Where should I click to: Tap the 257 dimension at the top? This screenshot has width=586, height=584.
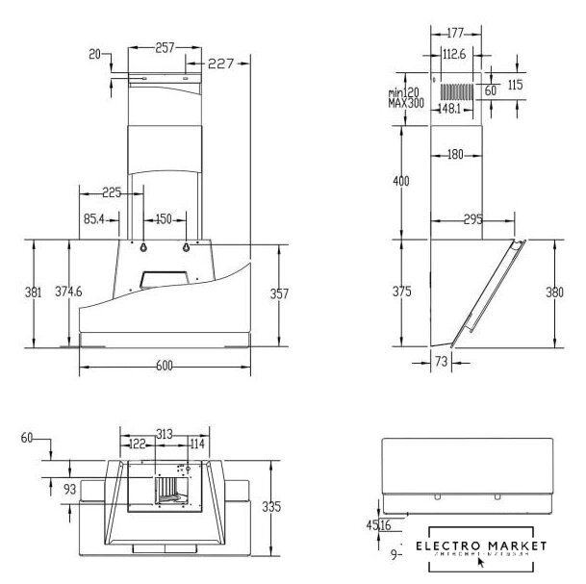(166, 46)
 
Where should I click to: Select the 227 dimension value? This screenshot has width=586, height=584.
(222, 64)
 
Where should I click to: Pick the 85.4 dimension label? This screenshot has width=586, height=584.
(94, 219)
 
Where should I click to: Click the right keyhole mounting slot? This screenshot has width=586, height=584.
(185, 247)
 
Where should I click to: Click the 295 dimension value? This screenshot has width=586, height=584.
(472, 220)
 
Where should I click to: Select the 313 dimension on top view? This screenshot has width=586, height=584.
(165, 435)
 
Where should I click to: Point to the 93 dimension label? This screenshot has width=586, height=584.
(69, 490)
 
